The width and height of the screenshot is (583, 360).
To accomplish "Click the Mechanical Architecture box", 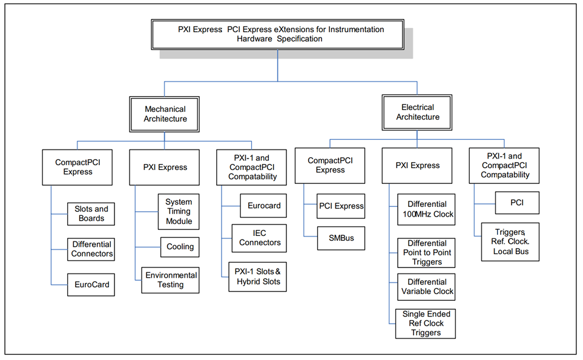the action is pyautogui.click(x=164, y=114).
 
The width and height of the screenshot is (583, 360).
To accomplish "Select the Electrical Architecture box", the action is pyautogui.click(x=417, y=112).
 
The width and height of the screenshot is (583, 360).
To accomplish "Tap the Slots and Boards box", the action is pyautogui.click(x=91, y=214).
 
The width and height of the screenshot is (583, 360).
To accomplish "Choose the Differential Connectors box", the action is pyautogui.click(x=91, y=249).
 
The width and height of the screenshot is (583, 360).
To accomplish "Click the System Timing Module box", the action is pyautogui.click(x=179, y=211).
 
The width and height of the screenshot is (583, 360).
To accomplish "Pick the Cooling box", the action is pyautogui.click(x=180, y=247).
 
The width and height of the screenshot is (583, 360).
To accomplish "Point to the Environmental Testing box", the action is pyautogui.click(x=170, y=280).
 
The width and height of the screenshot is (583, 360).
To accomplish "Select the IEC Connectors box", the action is pyautogui.click(x=259, y=238).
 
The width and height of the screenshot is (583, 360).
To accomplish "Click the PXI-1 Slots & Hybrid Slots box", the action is pyautogui.click(x=258, y=277).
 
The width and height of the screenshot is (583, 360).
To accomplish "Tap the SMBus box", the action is pyautogui.click(x=341, y=238).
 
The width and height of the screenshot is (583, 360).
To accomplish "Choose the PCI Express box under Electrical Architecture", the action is pyautogui.click(x=341, y=206).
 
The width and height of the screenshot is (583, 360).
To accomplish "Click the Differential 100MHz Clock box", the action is pyautogui.click(x=426, y=209).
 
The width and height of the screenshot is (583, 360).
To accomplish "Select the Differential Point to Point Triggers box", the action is pyautogui.click(x=426, y=253).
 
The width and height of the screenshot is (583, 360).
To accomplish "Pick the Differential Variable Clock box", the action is pyautogui.click(x=426, y=287).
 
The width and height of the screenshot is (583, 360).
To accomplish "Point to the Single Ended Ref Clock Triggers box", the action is pyautogui.click(x=426, y=324).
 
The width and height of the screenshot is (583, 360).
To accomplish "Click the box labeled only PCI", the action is pyautogui.click(x=517, y=203).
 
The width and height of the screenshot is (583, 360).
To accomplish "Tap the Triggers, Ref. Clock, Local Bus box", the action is pyautogui.click(x=510, y=242).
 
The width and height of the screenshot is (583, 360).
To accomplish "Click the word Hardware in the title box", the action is pyautogui.click(x=254, y=39).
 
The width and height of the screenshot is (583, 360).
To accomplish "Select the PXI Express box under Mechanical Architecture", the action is pyautogui.click(x=164, y=167).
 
